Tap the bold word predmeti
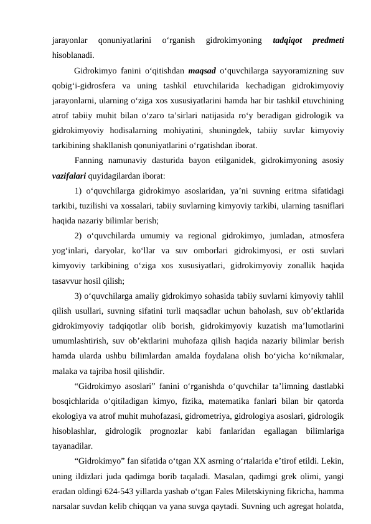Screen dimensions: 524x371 point(327,42)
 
